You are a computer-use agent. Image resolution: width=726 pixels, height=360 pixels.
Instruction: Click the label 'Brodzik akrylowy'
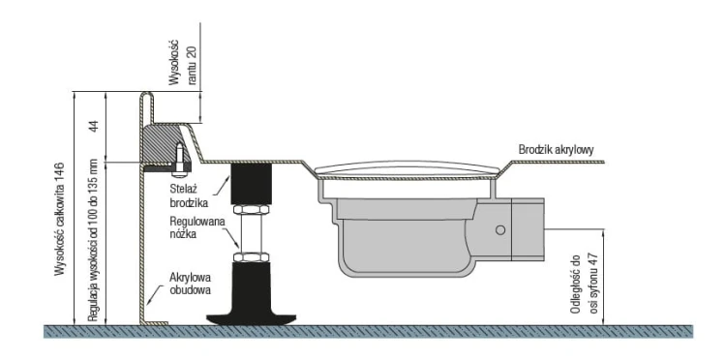point(556,149)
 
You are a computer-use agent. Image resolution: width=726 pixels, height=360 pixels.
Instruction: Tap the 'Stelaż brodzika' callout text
point(189,195)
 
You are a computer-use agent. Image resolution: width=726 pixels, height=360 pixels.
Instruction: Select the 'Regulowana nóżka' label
point(197,227)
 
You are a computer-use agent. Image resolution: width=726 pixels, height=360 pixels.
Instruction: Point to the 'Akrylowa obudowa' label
point(191,285)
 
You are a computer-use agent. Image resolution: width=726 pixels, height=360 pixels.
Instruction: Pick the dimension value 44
point(94,127)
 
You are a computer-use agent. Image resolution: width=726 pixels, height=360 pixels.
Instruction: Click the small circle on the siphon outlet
point(500,230)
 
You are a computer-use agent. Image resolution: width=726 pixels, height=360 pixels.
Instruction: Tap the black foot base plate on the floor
point(251,319)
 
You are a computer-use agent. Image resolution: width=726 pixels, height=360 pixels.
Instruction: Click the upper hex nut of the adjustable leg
point(251,210)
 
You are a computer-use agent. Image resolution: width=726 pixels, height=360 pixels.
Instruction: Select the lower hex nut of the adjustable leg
point(251,256)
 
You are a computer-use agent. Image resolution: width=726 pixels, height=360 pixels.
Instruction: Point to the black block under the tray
point(251,183)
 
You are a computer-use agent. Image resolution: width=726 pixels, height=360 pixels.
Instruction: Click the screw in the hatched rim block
point(180,160)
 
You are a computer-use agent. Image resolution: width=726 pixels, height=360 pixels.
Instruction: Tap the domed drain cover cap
point(408,169)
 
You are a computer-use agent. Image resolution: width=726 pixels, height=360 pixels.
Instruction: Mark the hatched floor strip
point(369,331)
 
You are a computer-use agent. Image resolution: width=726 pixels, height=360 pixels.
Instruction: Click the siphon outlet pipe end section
point(528,229)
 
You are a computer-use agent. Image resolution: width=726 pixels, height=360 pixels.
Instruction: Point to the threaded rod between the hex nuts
point(251,233)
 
